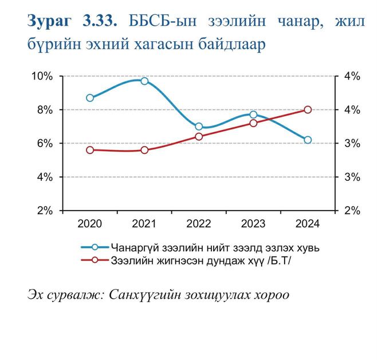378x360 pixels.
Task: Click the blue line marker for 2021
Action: tap(144, 81)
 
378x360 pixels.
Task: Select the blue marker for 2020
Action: tap(90, 98)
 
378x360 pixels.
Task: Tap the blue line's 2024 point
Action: tap(308, 140)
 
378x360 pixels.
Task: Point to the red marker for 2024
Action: tap(308, 109)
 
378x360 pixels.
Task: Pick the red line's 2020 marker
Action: tap(90, 150)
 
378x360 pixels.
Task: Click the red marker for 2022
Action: tap(199, 136)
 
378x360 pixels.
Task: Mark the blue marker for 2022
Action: tap(199, 126)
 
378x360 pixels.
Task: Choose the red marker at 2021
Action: tap(144, 150)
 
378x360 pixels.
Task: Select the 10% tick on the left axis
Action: tap(41, 76)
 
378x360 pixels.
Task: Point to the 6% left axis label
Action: tap(44, 143)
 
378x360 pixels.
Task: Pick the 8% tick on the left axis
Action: tap(44, 109)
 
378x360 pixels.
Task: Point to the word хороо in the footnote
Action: tap(269, 295)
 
